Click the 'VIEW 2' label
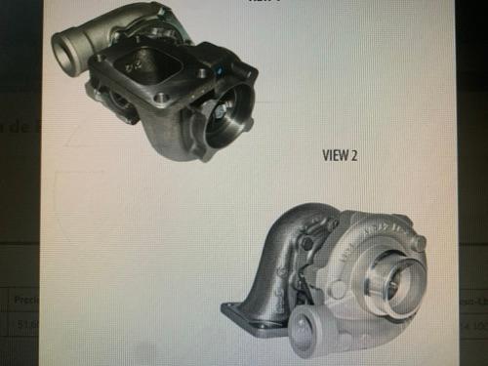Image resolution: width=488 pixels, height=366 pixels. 341,154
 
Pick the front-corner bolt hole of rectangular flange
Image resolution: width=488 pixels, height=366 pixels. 160,98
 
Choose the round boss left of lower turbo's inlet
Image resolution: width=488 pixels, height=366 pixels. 338,289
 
